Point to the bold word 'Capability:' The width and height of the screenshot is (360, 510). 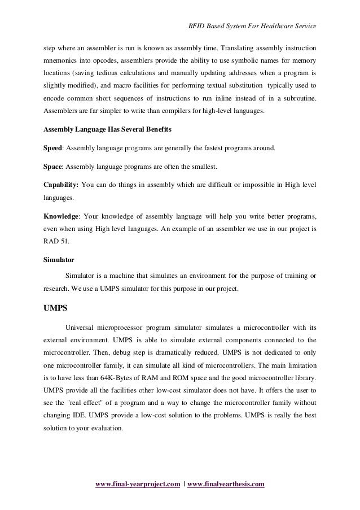tap(61, 186)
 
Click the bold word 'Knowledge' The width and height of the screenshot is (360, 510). tap(62, 217)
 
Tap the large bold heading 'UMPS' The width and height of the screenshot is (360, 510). tap(56, 309)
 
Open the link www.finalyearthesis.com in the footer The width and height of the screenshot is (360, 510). tap(226, 485)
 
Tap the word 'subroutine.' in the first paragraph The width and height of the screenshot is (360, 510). tap(298, 100)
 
